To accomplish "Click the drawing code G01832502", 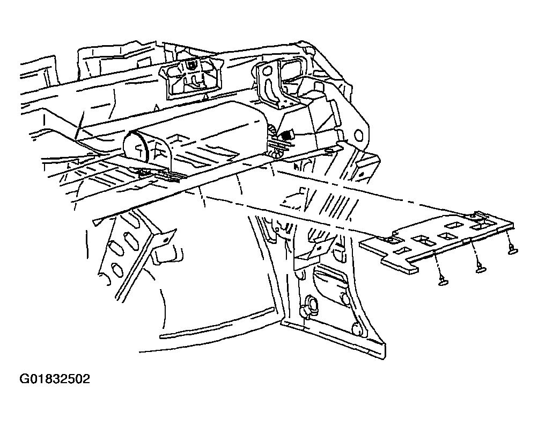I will [x=55, y=379].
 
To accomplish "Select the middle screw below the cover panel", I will [x=478, y=269].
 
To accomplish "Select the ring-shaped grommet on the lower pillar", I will [x=308, y=306].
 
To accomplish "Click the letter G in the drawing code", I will [x=25, y=379].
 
